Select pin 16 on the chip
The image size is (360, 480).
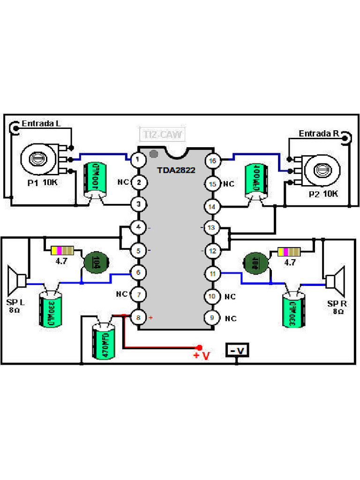pos(213,161)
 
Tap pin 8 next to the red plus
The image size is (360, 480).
pos(138,318)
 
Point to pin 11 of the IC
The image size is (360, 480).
pos(213,273)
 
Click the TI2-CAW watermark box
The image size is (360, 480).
pos(163,135)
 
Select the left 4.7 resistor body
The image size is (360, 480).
pos(62,250)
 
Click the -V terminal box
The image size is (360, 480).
pos(237,350)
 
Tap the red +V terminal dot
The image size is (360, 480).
pos(199,347)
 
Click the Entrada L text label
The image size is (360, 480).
pos(41,124)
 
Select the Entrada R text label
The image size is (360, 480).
pos(319,134)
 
